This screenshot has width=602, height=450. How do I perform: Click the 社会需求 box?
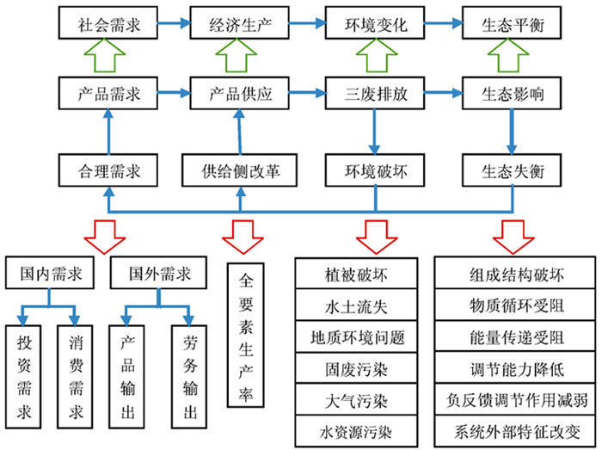(x=107, y=22)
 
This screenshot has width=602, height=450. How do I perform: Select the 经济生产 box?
(x=239, y=22)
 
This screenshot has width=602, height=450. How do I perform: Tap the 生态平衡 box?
(x=512, y=22)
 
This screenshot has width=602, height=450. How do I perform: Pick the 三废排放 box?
(x=375, y=93)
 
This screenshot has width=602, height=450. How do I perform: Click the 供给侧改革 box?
(x=239, y=170)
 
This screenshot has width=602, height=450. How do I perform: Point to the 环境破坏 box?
(x=375, y=170)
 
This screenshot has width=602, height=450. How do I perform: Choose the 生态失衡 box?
(x=512, y=170)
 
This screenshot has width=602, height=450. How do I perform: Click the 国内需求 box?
(x=50, y=273)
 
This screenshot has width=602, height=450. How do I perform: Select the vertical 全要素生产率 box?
(x=245, y=335)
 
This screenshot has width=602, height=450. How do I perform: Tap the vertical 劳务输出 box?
(x=189, y=377)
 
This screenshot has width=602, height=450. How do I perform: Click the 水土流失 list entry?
(x=356, y=305)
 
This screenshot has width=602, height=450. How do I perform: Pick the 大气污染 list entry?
(x=356, y=399)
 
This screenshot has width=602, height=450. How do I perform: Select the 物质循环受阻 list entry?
(x=515, y=305)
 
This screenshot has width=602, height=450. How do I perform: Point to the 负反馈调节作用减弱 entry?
(x=515, y=399)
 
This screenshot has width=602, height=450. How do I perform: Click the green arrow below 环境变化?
(x=377, y=56)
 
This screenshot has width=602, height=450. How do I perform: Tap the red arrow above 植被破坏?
(x=377, y=237)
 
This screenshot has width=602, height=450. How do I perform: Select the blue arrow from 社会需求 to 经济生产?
(x=174, y=23)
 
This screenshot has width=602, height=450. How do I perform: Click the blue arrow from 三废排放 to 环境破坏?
(x=374, y=132)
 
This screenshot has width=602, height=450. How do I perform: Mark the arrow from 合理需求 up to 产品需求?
(x=108, y=132)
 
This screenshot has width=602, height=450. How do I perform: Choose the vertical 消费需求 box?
(x=75, y=377)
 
